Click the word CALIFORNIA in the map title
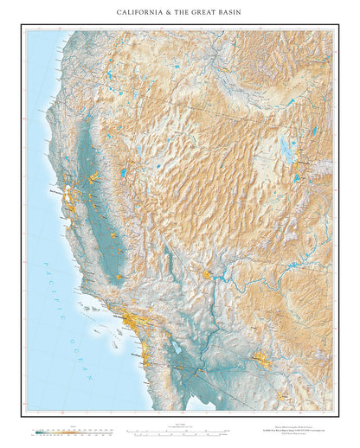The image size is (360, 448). (x=139, y=12)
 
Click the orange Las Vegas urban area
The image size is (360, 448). (x=208, y=276)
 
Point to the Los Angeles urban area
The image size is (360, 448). (x=131, y=323)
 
